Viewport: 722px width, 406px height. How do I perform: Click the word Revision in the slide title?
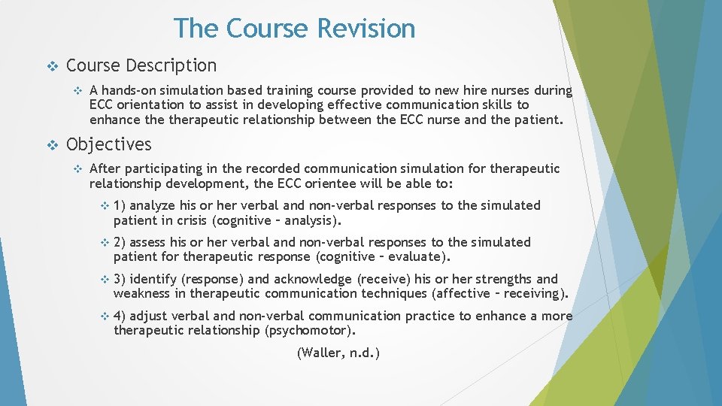[x=366, y=29]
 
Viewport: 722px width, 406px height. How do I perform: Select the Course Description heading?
[x=141, y=66]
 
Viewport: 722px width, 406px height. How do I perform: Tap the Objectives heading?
[x=109, y=144]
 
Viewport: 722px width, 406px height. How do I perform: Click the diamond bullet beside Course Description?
[x=52, y=66]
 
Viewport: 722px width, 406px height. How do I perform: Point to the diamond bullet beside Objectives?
[x=52, y=144]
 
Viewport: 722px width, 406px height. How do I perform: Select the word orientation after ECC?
[x=153, y=105]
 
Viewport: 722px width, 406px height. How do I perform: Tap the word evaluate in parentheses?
[x=419, y=257]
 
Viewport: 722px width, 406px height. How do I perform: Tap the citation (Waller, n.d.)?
[x=338, y=353]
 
